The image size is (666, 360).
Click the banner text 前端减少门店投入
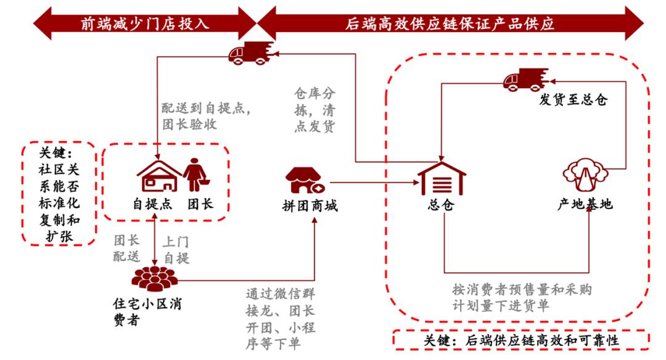pos(145,23)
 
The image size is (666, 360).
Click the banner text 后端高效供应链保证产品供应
pos(450,23)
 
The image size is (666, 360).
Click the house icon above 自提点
pos(158,176)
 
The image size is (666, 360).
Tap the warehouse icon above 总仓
pos(442,179)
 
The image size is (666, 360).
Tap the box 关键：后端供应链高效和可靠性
pos(521,340)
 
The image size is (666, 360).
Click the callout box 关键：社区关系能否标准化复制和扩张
pos(59,194)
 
